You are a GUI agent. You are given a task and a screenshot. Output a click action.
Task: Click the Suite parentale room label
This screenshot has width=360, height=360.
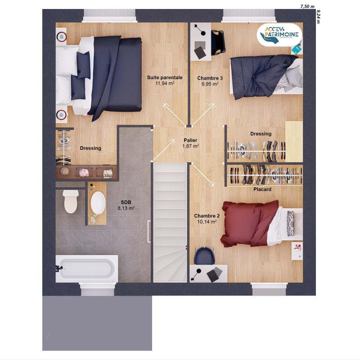(165, 77)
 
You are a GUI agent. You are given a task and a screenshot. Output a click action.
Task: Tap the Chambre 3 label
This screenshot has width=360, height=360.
(210, 78)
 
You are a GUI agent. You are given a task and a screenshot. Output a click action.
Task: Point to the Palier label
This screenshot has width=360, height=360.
(190, 140)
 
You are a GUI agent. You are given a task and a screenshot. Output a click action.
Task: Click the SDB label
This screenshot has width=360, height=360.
(126, 202)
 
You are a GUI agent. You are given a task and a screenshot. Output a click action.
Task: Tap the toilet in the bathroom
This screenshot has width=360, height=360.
(71, 201)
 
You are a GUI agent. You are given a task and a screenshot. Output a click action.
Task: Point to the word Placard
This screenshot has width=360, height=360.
(262, 189)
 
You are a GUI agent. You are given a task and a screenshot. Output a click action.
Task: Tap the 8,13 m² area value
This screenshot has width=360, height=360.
(126, 208)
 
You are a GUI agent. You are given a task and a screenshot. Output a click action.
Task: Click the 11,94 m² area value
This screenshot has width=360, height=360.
(165, 83)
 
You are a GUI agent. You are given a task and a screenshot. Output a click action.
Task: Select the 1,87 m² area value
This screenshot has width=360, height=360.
(190, 146)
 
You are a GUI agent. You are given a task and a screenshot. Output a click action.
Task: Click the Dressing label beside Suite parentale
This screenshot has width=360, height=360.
(90, 148)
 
